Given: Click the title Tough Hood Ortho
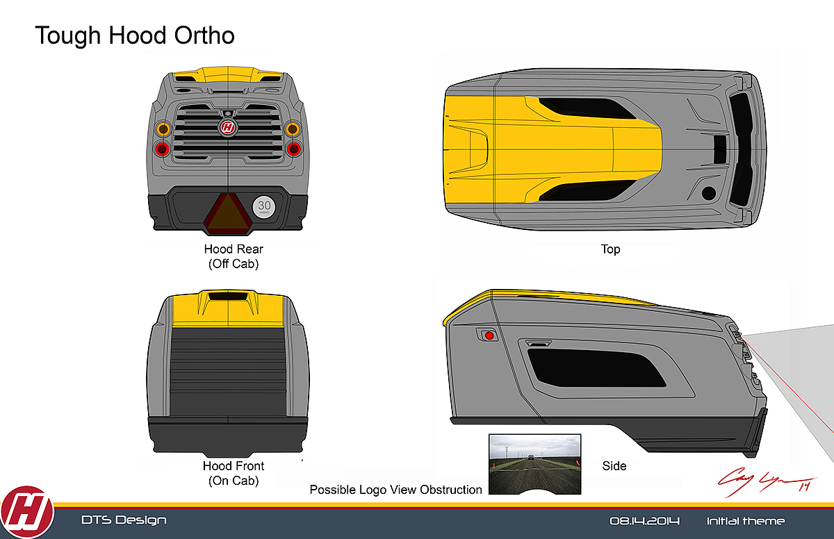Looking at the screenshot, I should pos(135,35).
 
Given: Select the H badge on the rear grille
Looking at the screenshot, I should pos(228,127).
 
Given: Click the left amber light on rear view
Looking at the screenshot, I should pos(163,128).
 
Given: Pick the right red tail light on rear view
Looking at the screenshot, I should pos(293,148).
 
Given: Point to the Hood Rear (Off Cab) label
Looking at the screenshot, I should pos(234,256).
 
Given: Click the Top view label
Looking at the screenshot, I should pos(610,249).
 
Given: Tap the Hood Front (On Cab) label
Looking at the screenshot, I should pos(234,472).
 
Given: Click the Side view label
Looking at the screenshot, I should pos(614,466).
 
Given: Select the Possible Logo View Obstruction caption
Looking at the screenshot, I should pos(395,490).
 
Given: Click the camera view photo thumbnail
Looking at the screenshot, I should pos(534,464).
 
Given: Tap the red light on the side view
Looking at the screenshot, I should pos(489,335).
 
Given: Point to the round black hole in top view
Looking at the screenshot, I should pos(708,192).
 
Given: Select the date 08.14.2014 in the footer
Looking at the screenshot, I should pos(644,521).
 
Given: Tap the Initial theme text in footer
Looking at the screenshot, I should pos(746,521).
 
